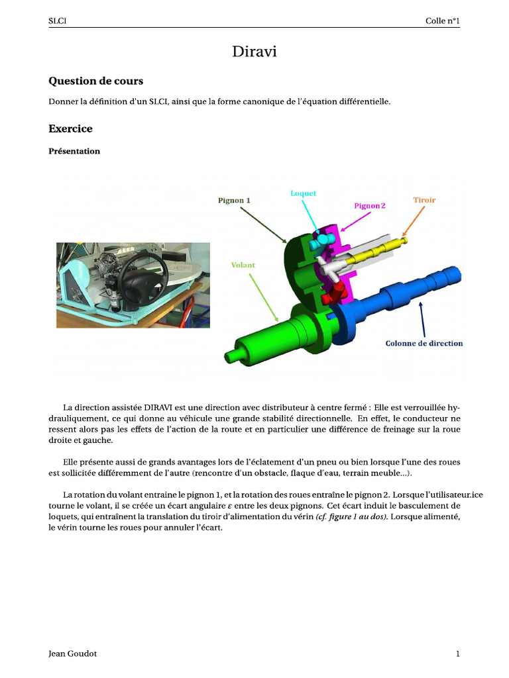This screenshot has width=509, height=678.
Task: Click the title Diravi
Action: [254, 52]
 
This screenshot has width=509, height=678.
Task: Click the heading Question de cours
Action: [95, 81]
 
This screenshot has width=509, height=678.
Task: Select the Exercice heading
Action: [70, 128]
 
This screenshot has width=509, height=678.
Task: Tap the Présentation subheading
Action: [74, 151]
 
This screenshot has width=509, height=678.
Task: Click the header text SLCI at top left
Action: [58, 21]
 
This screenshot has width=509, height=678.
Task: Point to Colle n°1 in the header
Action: [442, 21]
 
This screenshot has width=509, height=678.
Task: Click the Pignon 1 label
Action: [234, 200]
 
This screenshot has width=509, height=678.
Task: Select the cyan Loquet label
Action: [303, 193]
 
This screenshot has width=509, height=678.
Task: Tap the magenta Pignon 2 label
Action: [370, 206]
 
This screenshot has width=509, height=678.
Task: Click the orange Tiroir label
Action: [424, 199]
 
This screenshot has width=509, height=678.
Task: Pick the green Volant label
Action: [243, 265]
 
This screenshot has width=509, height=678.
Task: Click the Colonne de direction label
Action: [424, 343]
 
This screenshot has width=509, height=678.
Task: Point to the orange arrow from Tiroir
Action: [411, 222]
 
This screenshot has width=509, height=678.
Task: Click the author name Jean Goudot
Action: [73, 654]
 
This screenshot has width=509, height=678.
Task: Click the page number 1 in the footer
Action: [457, 654]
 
